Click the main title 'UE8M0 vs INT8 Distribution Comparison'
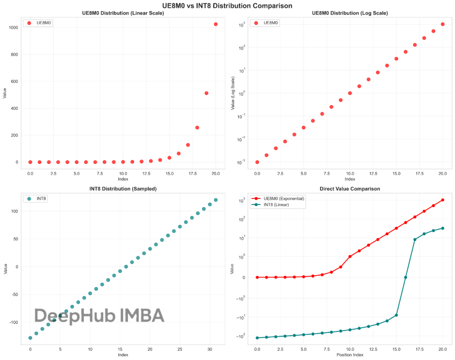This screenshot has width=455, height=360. pyautogui.click(x=227, y=5)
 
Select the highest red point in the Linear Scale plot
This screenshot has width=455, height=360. pyautogui.click(x=216, y=24)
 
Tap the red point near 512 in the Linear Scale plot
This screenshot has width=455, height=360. pyautogui.click(x=206, y=93)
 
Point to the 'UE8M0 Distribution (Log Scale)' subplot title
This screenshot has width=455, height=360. pyautogui.click(x=350, y=13)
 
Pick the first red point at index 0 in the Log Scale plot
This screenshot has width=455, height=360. pyautogui.click(x=257, y=162)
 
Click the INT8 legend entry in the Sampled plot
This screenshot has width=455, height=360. pyautogui.click(x=39, y=198)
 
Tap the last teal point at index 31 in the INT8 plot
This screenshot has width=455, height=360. pyautogui.click(x=216, y=200)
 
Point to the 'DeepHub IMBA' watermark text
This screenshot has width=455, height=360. pyautogui.click(x=99, y=315)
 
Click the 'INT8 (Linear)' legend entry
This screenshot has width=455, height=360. pyautogui.click(x=279, y=205)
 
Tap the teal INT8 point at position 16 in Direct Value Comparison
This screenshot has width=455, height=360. pyautogui.click(x=405, y=277)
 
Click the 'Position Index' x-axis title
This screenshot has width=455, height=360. pyautogui.click(x=350, y=355)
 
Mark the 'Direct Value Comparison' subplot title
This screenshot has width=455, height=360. pyautogui.click(x=350, y=189)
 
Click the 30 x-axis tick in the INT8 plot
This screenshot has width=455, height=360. pyautogui.click(x=210, y=349)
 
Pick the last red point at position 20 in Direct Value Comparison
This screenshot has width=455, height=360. pyautogui.click(x=442, y=200)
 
